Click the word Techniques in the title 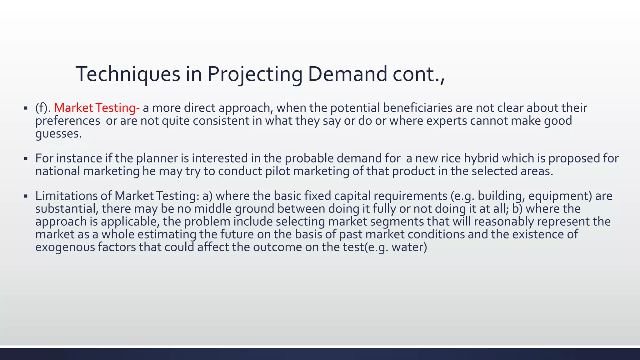coord(128,74)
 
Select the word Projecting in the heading coord(254,74)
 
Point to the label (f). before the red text coord(43,108)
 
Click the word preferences coord(67,121)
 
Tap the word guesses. coord(58,134)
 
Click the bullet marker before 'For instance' coord(26,159)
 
